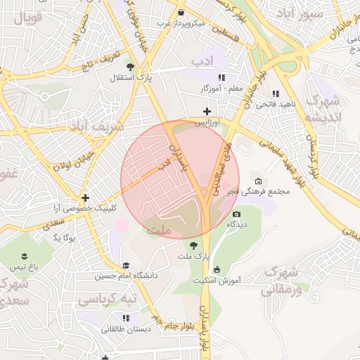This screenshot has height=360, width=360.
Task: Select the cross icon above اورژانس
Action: pos(207,111)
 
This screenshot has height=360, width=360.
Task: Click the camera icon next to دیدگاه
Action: pos(236,214)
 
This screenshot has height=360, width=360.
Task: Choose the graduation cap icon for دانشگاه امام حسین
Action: pos(126,265)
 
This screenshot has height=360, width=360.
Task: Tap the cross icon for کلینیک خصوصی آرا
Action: pos(85,198)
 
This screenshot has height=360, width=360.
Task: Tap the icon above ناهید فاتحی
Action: pos(276,93)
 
